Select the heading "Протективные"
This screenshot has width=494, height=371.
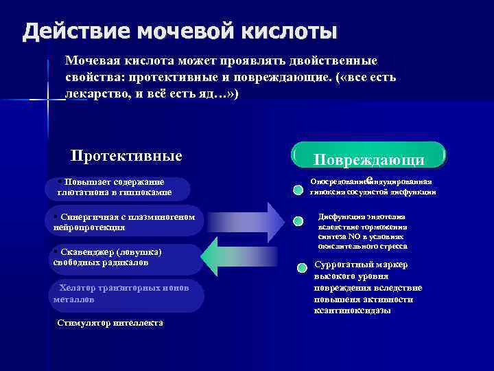pos(127,156)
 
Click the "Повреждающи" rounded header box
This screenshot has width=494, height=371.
pos(368,156)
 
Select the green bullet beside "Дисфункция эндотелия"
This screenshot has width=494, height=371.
pos(298,221)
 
